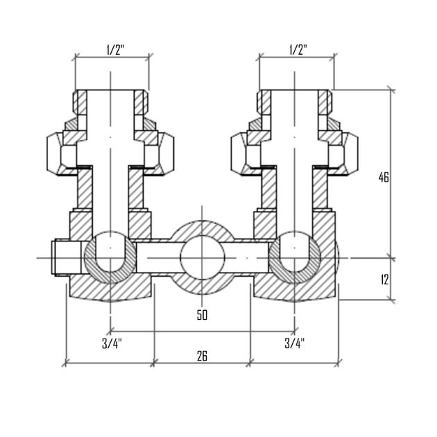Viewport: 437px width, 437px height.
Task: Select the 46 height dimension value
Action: click(384, 177)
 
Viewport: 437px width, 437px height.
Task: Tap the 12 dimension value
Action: click(384, 280)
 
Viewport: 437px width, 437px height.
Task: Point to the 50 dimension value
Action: click(202, 316)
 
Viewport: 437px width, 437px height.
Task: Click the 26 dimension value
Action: click(202, 356)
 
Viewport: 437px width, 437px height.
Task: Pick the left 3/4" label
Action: click(110, 342)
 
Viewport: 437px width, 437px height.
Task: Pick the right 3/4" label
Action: click(295, 342)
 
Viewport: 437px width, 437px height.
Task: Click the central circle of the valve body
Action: click(201, 257)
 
